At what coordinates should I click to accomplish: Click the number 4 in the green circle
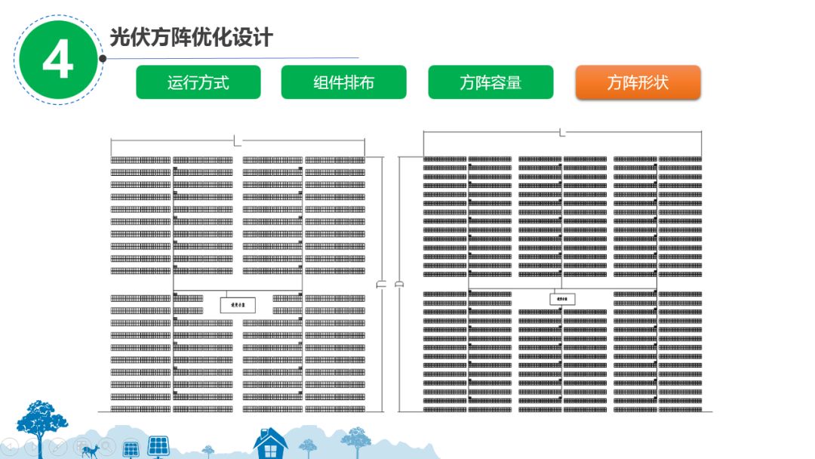tap(57, 60)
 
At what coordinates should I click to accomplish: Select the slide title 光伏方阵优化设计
tap(191, 38)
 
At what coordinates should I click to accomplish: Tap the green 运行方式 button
tap(198, 82)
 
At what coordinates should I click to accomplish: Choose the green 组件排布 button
tap(344, 82)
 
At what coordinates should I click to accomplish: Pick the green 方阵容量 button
tap(491, 82)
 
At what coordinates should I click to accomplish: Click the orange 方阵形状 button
tap(638, 82)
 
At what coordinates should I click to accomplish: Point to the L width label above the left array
tap(237, 141)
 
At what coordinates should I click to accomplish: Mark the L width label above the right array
tap(562, 133)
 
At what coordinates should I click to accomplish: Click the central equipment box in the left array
tap(237, 305)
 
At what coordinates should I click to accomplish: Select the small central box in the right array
tap(562, 299)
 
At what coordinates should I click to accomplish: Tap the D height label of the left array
tap(382, 284)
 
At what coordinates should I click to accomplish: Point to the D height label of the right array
tap(399, 284)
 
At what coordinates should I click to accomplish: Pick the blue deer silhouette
tap(91, 451)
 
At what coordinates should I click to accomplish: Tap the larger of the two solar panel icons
tap(158, 446)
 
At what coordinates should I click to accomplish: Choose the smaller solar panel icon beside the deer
tap(130, 449)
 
